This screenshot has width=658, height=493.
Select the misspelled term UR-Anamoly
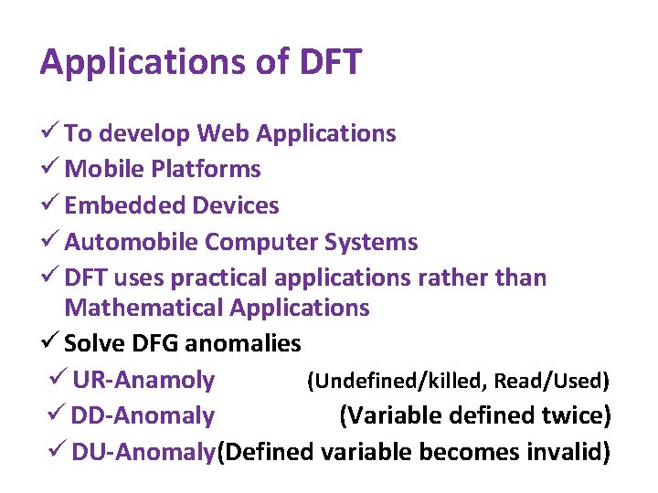(143, 380)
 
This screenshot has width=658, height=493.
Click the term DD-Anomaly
(143, 416)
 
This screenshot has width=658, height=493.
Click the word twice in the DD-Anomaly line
(576, 416)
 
